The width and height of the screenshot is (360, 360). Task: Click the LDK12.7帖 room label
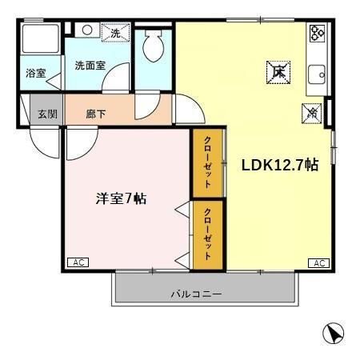[280, 165]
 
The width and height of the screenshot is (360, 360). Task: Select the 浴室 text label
[35, 74]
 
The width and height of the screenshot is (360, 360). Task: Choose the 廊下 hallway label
[96, 113]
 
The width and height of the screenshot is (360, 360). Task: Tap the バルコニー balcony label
[195, 294]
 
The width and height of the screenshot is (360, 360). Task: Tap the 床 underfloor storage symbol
[278, 72]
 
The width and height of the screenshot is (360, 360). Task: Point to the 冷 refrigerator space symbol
[310, 114]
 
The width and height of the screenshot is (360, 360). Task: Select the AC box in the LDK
[318, 262]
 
